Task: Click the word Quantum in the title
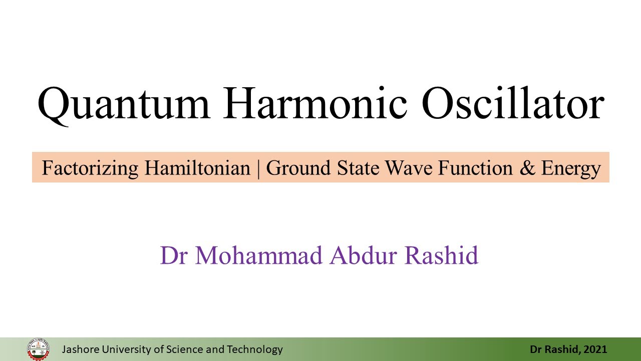click(124, 105)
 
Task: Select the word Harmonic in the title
click(315, 103)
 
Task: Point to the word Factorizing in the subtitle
click(90, 168)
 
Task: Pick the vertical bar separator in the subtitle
click(258, 169)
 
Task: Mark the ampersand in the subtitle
click(527, 168)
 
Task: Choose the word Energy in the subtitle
click(571, 169)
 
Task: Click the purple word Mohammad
click(259, 255)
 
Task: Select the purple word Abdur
click(364, 255)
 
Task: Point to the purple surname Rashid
click(442, 255)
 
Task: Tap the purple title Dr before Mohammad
click(174, 255)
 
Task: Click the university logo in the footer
click(38, 349)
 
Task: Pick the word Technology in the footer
click(255, 350)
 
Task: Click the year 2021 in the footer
click(595, 349)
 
